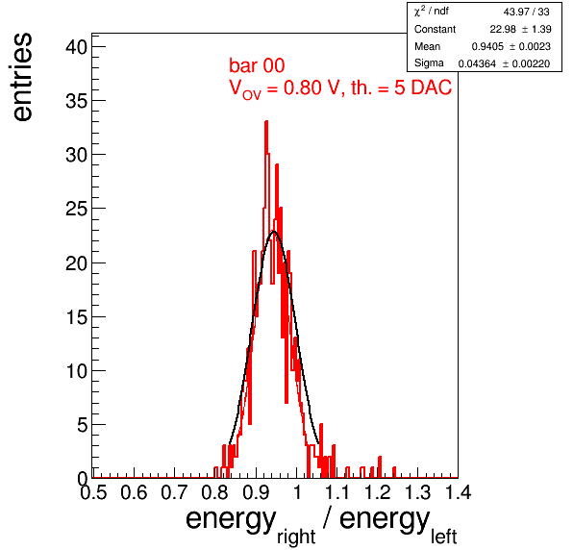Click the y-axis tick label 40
click(x=76, y=47)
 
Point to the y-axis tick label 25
click(x=76, y=209)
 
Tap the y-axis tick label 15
click(x=76, y=317)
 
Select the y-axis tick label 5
click(x=83, y=425)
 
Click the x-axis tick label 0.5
click(x=93, y=492)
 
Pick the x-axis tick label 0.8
click(x=215, y=492)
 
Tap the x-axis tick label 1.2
click(x=378, y=492)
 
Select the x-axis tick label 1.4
click(x=459, y=492)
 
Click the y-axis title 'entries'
click(x=21, y=77)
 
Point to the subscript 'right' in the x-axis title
click(x=296, y=537)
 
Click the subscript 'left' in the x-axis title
click(x=443, y=537)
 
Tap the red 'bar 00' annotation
click(x=257, y=65)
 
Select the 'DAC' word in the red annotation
click(x=432, y=87)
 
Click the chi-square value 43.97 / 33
click(x=526, y=12)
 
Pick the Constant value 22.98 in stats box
click(x=503, y=29)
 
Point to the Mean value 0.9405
click(x=487, y=46)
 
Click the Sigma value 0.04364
click(x=477, y=64)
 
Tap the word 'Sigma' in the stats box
click(x=429, y=63)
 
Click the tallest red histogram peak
click(x=266, y=122)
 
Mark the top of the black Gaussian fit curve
click(x=273, y=232)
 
